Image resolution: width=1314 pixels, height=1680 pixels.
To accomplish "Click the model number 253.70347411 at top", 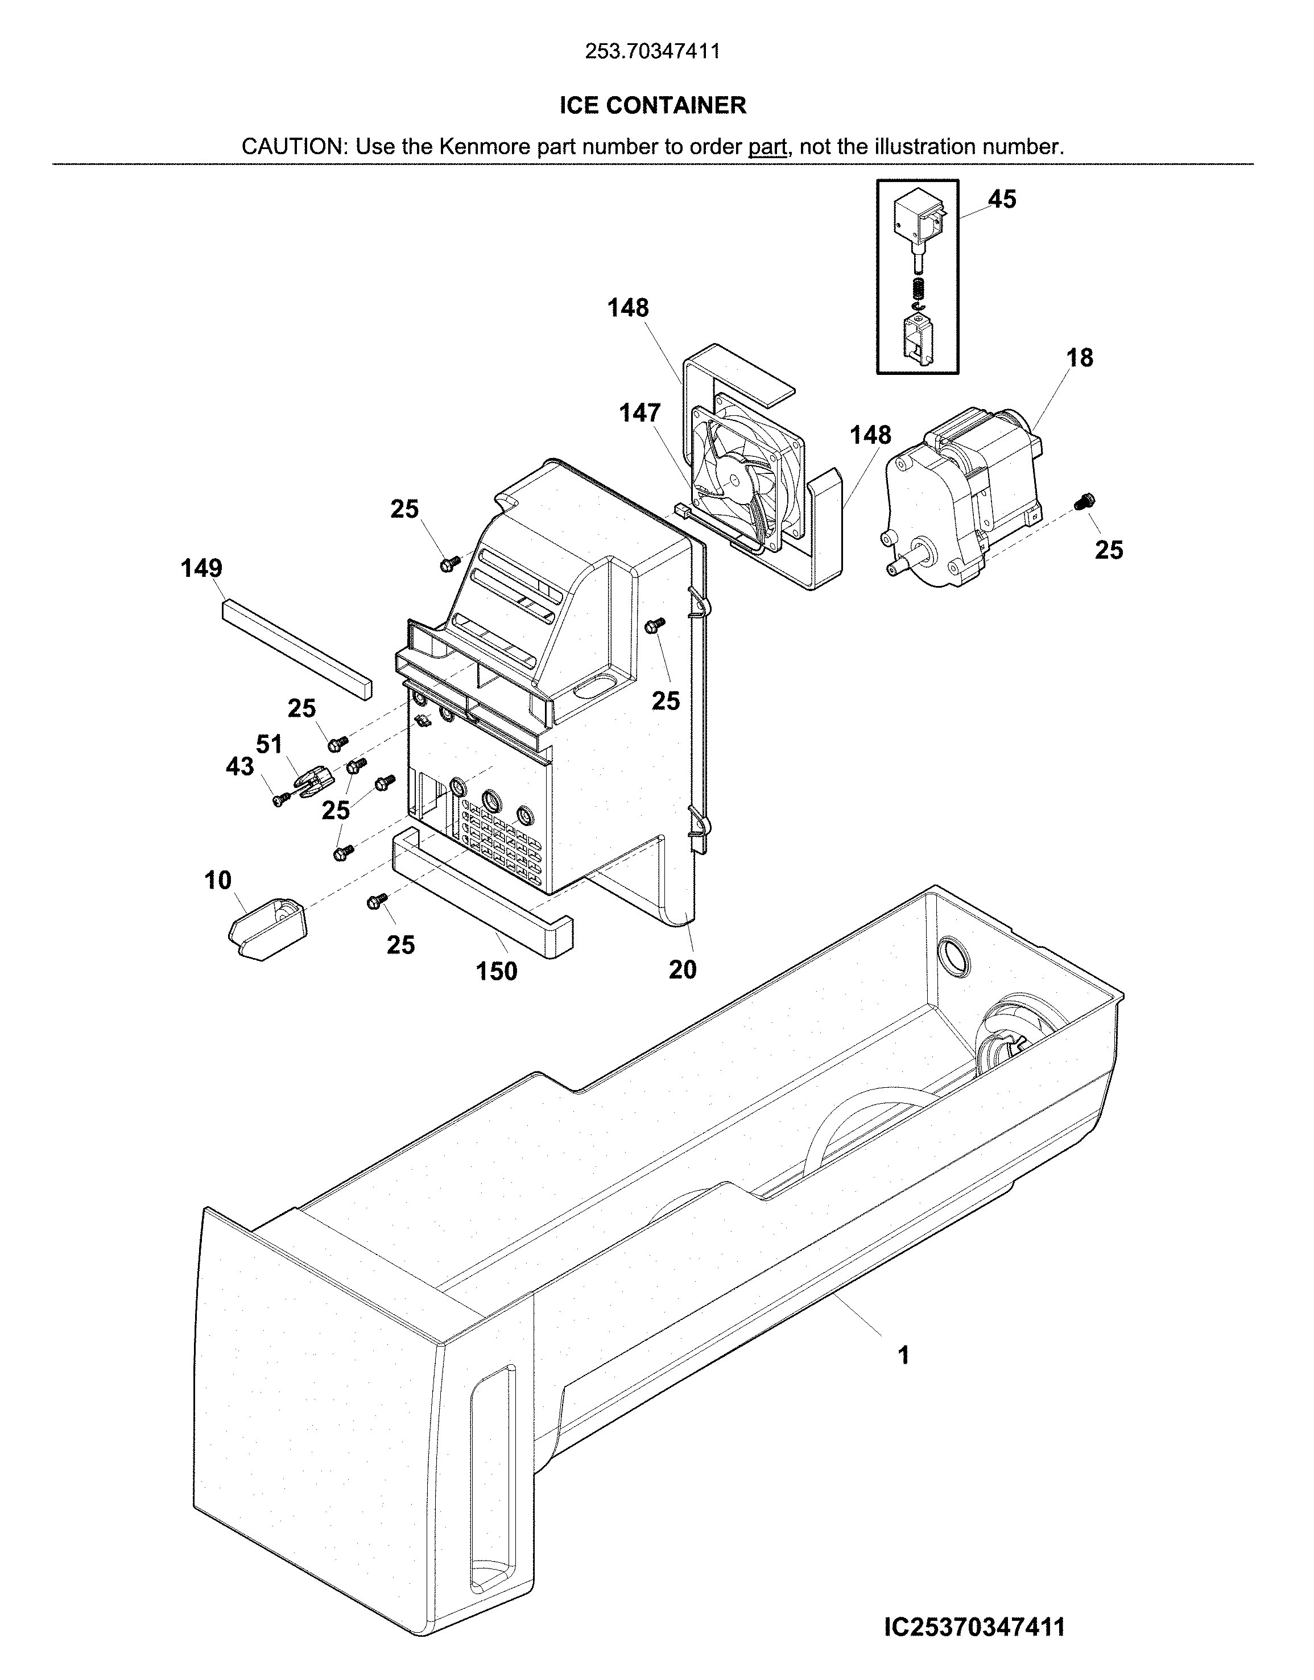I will pos(652,52).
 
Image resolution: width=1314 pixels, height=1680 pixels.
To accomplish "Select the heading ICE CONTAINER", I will pos(652,105).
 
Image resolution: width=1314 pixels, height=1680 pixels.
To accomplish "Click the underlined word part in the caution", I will pos(767,146).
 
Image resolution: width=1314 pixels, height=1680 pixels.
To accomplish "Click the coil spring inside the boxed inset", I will pos(917,291).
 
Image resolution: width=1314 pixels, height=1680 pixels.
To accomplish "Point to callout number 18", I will pos(1080,358).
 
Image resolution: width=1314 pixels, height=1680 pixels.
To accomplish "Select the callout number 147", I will pos(640,413).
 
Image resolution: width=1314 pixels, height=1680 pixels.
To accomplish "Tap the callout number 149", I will pos(201,568).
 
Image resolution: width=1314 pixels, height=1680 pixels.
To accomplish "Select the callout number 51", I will pos(269,744).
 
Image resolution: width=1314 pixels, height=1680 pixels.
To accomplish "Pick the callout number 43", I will pos(239,766).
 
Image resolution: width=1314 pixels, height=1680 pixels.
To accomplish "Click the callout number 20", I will pos(683,969).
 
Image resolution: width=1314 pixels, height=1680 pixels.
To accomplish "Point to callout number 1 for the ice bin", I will pos(904,1355).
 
